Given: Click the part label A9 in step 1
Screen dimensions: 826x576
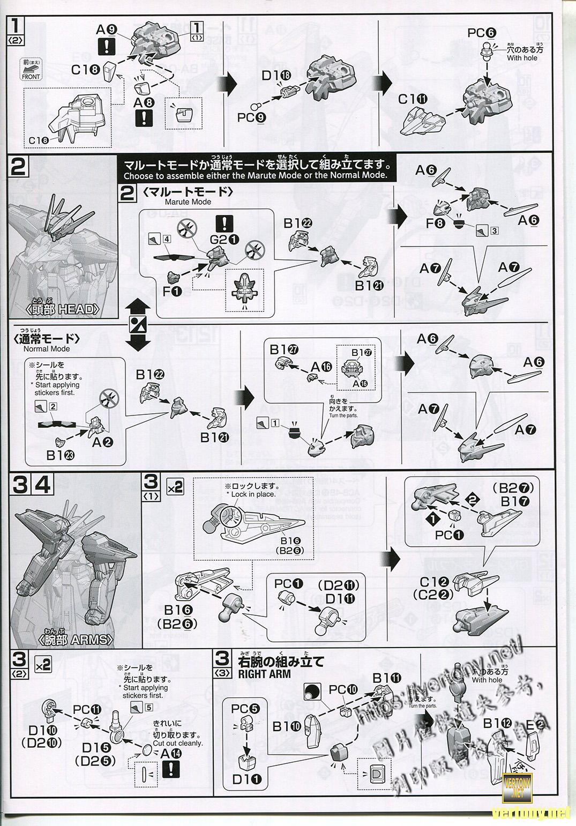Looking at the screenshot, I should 104,31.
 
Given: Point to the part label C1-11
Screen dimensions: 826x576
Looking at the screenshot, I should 413,99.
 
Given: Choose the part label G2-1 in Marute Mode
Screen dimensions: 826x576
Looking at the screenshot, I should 221,240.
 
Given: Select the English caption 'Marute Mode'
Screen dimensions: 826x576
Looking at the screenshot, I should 188,202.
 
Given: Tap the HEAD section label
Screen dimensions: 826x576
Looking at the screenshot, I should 62,310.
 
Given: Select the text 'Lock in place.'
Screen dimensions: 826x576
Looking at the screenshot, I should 251,494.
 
